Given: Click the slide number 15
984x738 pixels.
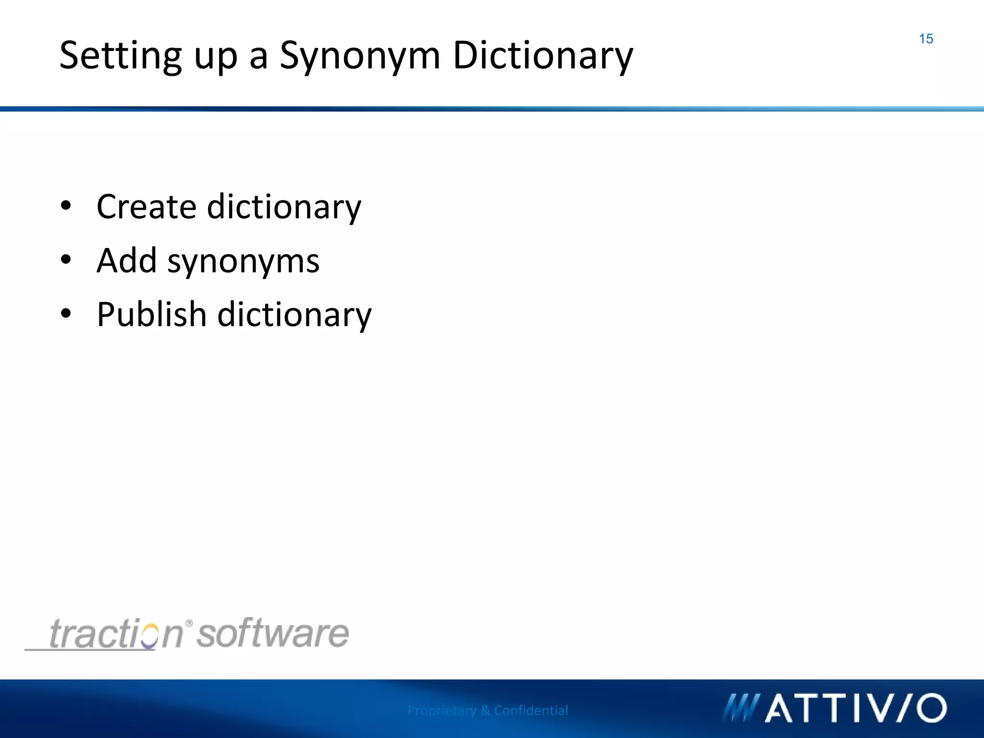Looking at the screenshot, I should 925,39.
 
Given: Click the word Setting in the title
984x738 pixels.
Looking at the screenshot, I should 120,56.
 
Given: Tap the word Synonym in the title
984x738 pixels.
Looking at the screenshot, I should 360,56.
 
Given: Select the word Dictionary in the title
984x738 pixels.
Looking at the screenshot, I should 543,56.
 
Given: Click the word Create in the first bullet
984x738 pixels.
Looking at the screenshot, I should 147,207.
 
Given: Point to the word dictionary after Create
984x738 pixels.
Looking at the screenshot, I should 284,207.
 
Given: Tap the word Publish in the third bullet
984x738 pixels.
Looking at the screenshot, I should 151,315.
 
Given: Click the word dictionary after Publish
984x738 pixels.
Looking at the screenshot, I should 295,315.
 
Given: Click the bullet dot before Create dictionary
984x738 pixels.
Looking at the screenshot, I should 66,206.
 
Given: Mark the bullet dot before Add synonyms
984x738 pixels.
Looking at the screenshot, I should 66,260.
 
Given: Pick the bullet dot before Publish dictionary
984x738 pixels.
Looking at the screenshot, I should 66,314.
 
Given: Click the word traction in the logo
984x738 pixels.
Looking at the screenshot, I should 116,634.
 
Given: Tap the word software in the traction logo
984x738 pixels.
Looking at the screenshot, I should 273,634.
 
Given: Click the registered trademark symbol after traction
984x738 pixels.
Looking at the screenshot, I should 189,624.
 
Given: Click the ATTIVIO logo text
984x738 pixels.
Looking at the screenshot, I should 855,708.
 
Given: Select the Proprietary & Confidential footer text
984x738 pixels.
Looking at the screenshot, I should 487,710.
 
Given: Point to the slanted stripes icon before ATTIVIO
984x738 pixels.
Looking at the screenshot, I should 740,708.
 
